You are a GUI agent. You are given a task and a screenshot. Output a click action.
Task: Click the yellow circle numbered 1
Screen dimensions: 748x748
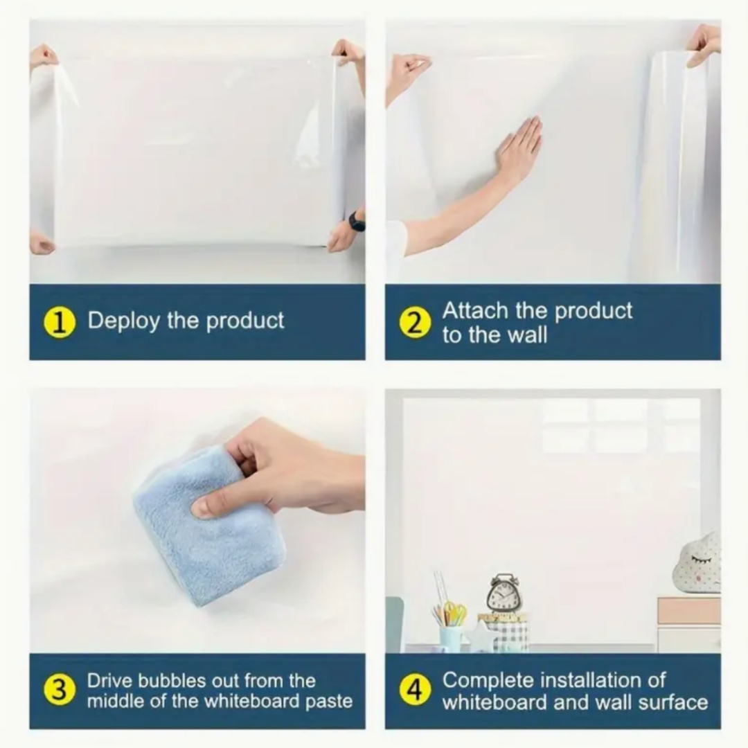click(x=60, y=323)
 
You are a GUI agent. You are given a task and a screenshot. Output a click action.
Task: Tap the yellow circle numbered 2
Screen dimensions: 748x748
click(x=415, y=323)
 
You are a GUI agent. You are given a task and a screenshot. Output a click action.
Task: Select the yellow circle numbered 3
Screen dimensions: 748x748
click(x=60, y=690)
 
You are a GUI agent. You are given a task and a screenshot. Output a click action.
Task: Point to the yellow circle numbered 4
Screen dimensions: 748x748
click(x=415, y=690)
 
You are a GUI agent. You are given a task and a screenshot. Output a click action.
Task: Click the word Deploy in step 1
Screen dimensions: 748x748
click(x=123, y=321)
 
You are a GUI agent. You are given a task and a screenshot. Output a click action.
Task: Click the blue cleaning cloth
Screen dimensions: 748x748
click(x=205, y=525)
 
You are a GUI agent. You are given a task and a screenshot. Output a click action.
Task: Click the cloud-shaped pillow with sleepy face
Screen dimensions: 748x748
click(x=697, y=563)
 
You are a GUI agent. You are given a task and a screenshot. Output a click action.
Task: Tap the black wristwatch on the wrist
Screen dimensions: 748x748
click(x=357, y=221)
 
